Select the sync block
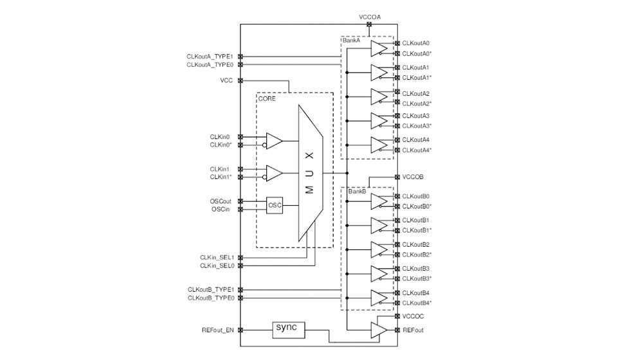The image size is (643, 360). (287, 328)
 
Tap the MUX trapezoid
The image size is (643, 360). (309, 173)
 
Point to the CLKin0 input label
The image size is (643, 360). (219, 137)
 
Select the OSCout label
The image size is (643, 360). (221, 201)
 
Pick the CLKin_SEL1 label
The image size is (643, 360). (217, 257)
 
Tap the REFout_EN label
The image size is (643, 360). (217, 330)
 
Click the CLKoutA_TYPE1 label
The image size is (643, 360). (210, 57)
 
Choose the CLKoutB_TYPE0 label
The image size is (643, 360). (210, 298)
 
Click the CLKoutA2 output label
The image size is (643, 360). (416, 93)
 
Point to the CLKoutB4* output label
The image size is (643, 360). (417, 303)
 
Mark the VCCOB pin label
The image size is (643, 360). (413, 177)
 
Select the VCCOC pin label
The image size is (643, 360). (413, 316)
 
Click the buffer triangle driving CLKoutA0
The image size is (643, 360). (379, 49)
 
